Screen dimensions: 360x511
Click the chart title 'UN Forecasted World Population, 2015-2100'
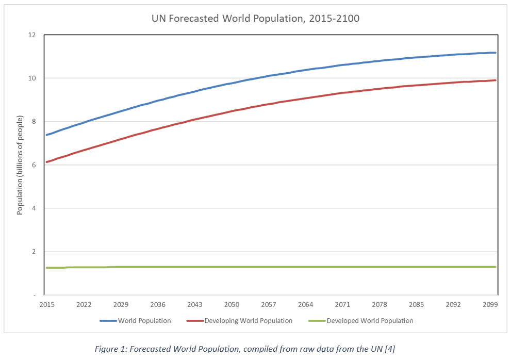[255, 19]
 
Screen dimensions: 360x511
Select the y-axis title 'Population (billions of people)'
[20, 165]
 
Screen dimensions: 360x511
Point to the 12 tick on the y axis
[32, 35]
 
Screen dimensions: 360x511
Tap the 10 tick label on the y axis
[32, 78]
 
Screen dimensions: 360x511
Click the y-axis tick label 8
[34, 122]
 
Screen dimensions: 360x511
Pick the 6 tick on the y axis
[34, 165]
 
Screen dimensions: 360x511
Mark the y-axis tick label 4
[34, 208]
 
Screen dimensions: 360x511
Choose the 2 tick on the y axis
[34, 252]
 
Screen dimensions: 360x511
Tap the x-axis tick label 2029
[121, 305]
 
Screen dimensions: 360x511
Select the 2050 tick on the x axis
[232, 305]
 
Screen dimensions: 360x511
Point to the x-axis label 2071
[342, 305]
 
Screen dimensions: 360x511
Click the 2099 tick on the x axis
[490, 305]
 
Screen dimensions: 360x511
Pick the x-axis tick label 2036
[158, 305]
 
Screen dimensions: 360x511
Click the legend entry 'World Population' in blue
[144, 321]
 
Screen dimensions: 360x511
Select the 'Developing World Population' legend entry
[248, 321]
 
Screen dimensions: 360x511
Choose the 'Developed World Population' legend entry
[370, 321]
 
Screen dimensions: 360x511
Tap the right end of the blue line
[496, 53]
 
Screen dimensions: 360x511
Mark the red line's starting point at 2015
[46, 162]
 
